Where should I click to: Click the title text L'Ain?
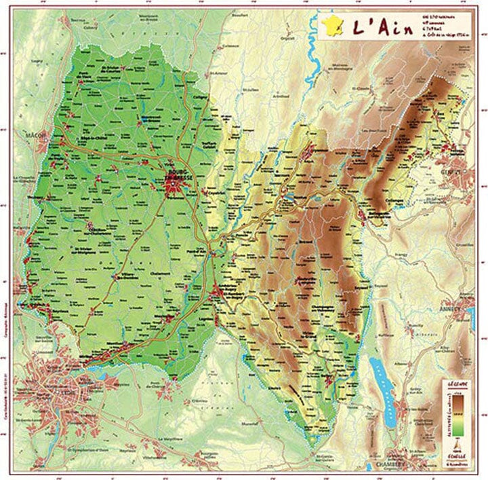[x=375, y=26]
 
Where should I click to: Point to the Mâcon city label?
[x=35, y=134]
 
